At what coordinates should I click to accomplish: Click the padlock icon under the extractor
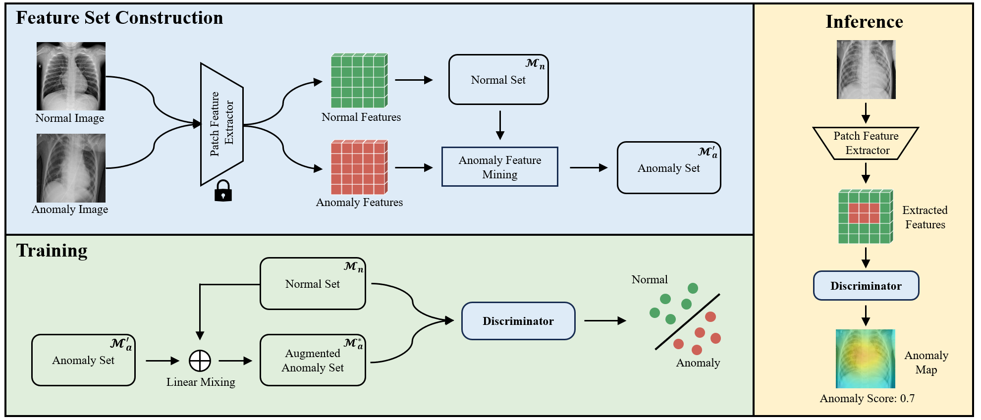pyautogui.click(x=223, y=191)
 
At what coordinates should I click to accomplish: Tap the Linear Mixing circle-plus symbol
pyautogui.click(x=200, y=361)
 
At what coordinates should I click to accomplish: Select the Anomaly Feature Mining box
pyautogui.click(x=500, y=167)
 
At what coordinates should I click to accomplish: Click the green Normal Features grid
pyautogui.click(x=359, y=80)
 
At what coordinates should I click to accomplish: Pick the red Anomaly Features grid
pyautogui.click(x=359, y=167)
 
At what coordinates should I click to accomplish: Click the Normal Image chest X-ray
pyautogui.click(x=71, y=76)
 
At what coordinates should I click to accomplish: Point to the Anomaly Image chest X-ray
pyautogui.click(x=71, y=168)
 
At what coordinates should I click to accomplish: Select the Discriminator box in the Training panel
pyautogui.click(x=518, y=321)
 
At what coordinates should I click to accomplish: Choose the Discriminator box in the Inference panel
pyautogui.click(x=866, y=286)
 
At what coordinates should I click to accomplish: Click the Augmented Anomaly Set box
pyautogui.click(x=313, y=360)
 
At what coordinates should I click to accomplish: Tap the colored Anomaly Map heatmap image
pyautogui.click(x=866, y=359)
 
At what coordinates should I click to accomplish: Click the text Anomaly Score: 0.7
pyautogui.click(x=867, y=399)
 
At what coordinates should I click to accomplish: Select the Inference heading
pyautogui.click(x=865, y=22)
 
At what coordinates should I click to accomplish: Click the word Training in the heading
pyautogui.click(x=52, y=251)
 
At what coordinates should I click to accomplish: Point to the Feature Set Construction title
pyautogui.click(x=119, y=18)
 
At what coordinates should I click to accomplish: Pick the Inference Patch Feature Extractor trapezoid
pyautogui.click(x=866, y=143)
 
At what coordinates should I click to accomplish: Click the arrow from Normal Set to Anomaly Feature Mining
pyautogui.click(x=500, y=125)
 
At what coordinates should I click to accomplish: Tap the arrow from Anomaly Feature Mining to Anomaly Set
pyautogui.click(x=589, y=167)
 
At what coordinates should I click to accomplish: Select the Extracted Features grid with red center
pyautogui.click(x=866, y=216)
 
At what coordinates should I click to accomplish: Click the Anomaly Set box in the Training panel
pyautogui.click(x=83, y=360)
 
